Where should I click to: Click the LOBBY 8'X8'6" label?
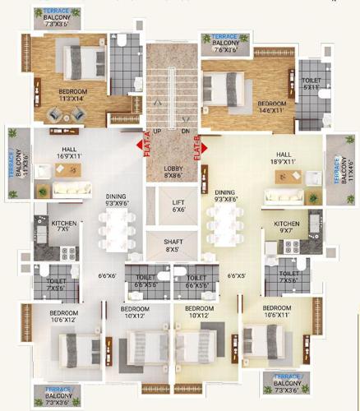click(x=173, y=171)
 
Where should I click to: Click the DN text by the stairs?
click(x=186, y=131)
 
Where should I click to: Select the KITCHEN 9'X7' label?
click(x=286, y=227)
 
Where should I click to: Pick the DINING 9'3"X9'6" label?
click(x=116, y=201)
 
